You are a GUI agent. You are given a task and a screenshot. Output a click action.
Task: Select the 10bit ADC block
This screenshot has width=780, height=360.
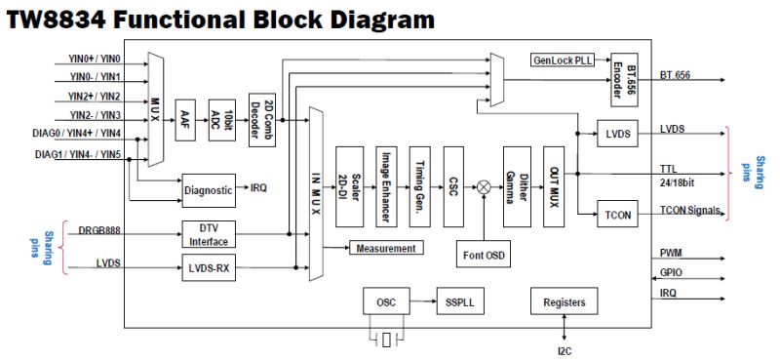(x=223, y=118)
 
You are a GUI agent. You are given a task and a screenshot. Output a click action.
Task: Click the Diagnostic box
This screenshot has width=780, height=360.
(x=209, y=189)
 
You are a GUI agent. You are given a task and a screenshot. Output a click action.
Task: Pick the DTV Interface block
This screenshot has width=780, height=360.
(x=209, y=234)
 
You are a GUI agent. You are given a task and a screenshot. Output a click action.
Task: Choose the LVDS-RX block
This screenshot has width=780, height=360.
(x=209, y=265)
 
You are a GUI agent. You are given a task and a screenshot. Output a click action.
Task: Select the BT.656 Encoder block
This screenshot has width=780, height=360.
(x=623, y=75)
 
